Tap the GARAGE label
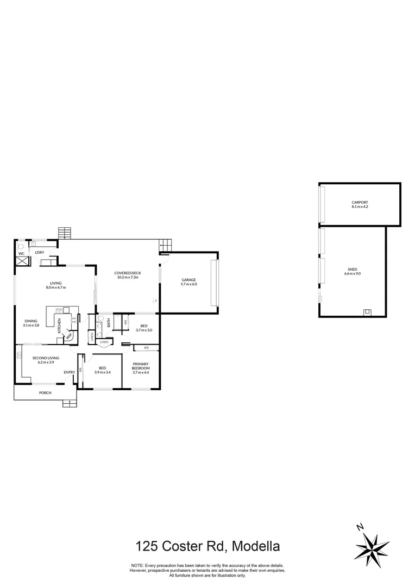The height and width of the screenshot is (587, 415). (188, 279)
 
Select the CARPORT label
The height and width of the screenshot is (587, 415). (360, 203)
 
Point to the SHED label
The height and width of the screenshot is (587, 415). (353, 269)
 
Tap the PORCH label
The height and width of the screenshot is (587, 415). (45, 392)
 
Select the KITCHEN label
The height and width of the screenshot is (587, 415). (60, 326)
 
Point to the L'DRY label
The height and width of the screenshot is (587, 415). (39, 253)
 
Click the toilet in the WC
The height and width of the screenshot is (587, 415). (21, 246)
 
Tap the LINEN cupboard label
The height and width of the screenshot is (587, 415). (104, 342)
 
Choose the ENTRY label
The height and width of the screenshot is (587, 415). (70, 372)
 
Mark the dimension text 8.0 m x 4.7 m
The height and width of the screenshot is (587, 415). (55, 288)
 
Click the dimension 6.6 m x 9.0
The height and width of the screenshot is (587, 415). (353, 274)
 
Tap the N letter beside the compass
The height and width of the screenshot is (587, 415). (359, 527)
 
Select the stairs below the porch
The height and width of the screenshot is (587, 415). (70, 403)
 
